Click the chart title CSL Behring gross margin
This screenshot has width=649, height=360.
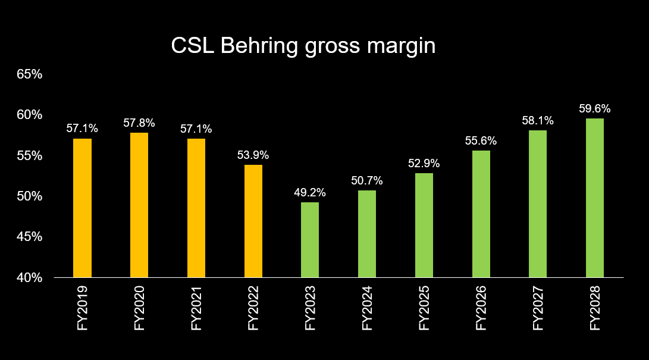click(x=303, y=46)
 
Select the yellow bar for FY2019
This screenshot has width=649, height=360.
click(x=82, y=208)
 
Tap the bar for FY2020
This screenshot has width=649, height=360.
click(x=139, y=205)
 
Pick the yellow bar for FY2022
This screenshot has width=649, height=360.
click(x=253, y=221)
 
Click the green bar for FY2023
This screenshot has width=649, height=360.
click(x=310, y=240)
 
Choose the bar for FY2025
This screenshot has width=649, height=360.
click(x=424, y=225)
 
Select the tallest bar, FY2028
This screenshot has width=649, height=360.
click(x=595, y=198)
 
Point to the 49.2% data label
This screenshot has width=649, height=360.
click(x=310, y=193)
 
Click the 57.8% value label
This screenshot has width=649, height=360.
click(x=139, y=123)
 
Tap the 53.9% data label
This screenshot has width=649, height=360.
click(x=253, y=155)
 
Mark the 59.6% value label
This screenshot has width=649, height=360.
click(x=595, y=109)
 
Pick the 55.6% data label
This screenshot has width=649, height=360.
click(x=481, y=141)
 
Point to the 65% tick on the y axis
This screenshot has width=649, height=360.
click(x=30, y=74)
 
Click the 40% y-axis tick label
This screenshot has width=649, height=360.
click(x=30, y=278)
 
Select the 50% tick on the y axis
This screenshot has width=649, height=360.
click(x=30, y=196)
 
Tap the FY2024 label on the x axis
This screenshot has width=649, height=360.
click(x=368, y=308)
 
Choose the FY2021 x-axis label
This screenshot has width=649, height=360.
click(x=196, y=308)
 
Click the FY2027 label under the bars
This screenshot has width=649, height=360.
click(x=538, y=308)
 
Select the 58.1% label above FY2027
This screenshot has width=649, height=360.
click(x=538, y=121)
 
